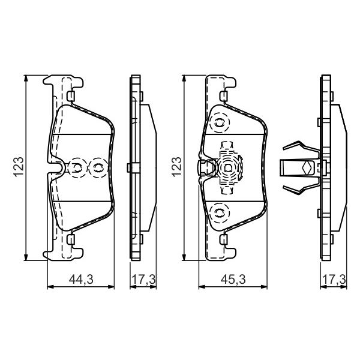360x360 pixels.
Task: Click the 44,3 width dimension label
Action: coord(81,280)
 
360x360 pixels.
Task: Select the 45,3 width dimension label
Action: coord(233,280)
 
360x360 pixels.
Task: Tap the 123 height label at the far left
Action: coord(19,167)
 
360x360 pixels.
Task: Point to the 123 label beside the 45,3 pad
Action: coord(176,167)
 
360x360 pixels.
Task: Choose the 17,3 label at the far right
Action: coord(334,280)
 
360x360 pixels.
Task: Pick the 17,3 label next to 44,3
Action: coord(143,280)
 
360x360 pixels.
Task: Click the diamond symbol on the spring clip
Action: coord(306,168)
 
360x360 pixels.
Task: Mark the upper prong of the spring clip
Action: coord(301,148)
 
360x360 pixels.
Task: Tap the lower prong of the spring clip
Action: coord(301,188)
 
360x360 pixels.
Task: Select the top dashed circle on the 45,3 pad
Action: coord(220,123)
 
